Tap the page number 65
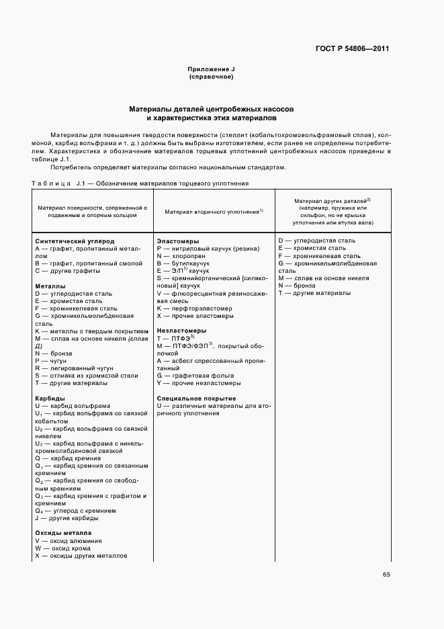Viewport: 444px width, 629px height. (x=386, y=575)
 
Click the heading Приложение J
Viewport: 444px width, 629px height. (x=212, y=69)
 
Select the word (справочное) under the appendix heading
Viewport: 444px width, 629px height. (x=212, y=77)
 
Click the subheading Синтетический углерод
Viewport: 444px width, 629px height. (x=75, y=241)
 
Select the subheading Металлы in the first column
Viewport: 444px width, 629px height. (x=50, y=286)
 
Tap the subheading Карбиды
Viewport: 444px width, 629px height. (x=50, y=399)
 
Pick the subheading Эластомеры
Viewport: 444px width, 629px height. (x=177, y=241)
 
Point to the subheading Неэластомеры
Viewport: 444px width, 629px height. (x=181, y=331)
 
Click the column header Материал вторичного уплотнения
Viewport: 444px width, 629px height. (x=214, y=212)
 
